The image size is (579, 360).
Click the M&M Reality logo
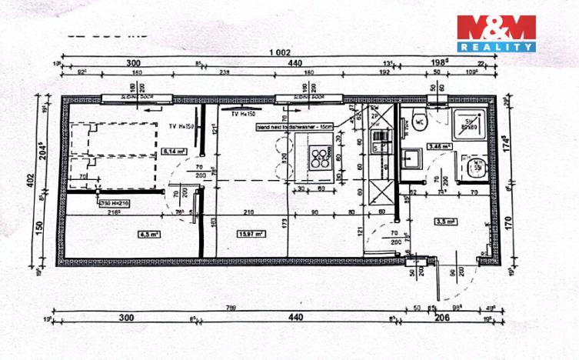pyautogui.click(x=496, y=33)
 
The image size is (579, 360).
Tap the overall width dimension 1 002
pyautogui.click(x=280, y=52)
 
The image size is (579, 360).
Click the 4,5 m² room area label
pyautogui.click(x=148, y=234)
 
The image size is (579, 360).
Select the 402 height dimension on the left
pyautogui.click(x=32, y=178)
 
